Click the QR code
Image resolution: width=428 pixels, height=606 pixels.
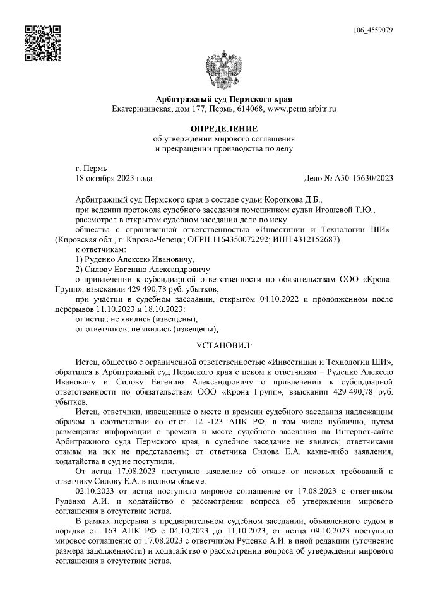coord(42,43)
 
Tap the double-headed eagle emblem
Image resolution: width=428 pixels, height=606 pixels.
coord(224,70)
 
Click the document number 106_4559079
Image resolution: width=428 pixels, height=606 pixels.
coord(374,30)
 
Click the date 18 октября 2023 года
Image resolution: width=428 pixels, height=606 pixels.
coord(114,179)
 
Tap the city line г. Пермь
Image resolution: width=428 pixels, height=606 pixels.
coord(91,169)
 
